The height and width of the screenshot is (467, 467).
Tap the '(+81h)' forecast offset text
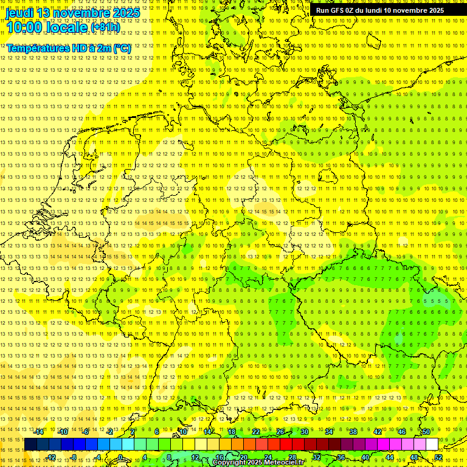coord(106,27)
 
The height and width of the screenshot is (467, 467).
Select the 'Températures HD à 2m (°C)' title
coord(69,48)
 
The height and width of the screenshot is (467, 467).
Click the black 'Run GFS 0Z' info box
coord(380,10)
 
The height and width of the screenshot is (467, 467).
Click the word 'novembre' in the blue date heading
coord(82,13)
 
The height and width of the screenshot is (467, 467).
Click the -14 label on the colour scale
coord(39,432)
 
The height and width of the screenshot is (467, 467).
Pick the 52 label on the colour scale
coord(438,457)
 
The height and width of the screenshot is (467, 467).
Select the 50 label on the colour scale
coord(426,432)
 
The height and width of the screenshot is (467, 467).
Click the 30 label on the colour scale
coord(304,432)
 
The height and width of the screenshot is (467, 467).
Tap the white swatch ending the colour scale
coord(432,444)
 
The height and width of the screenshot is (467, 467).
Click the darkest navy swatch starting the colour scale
coord(30,444)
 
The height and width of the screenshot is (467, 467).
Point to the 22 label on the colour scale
coord(255,432)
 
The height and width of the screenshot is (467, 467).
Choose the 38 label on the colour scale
coord(353,432)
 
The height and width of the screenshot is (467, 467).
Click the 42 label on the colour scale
coord(377,432)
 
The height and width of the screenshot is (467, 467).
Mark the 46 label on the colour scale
coord(401,432)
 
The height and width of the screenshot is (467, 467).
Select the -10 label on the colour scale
coord(63,432)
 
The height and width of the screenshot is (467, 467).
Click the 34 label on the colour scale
coord(328,432)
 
